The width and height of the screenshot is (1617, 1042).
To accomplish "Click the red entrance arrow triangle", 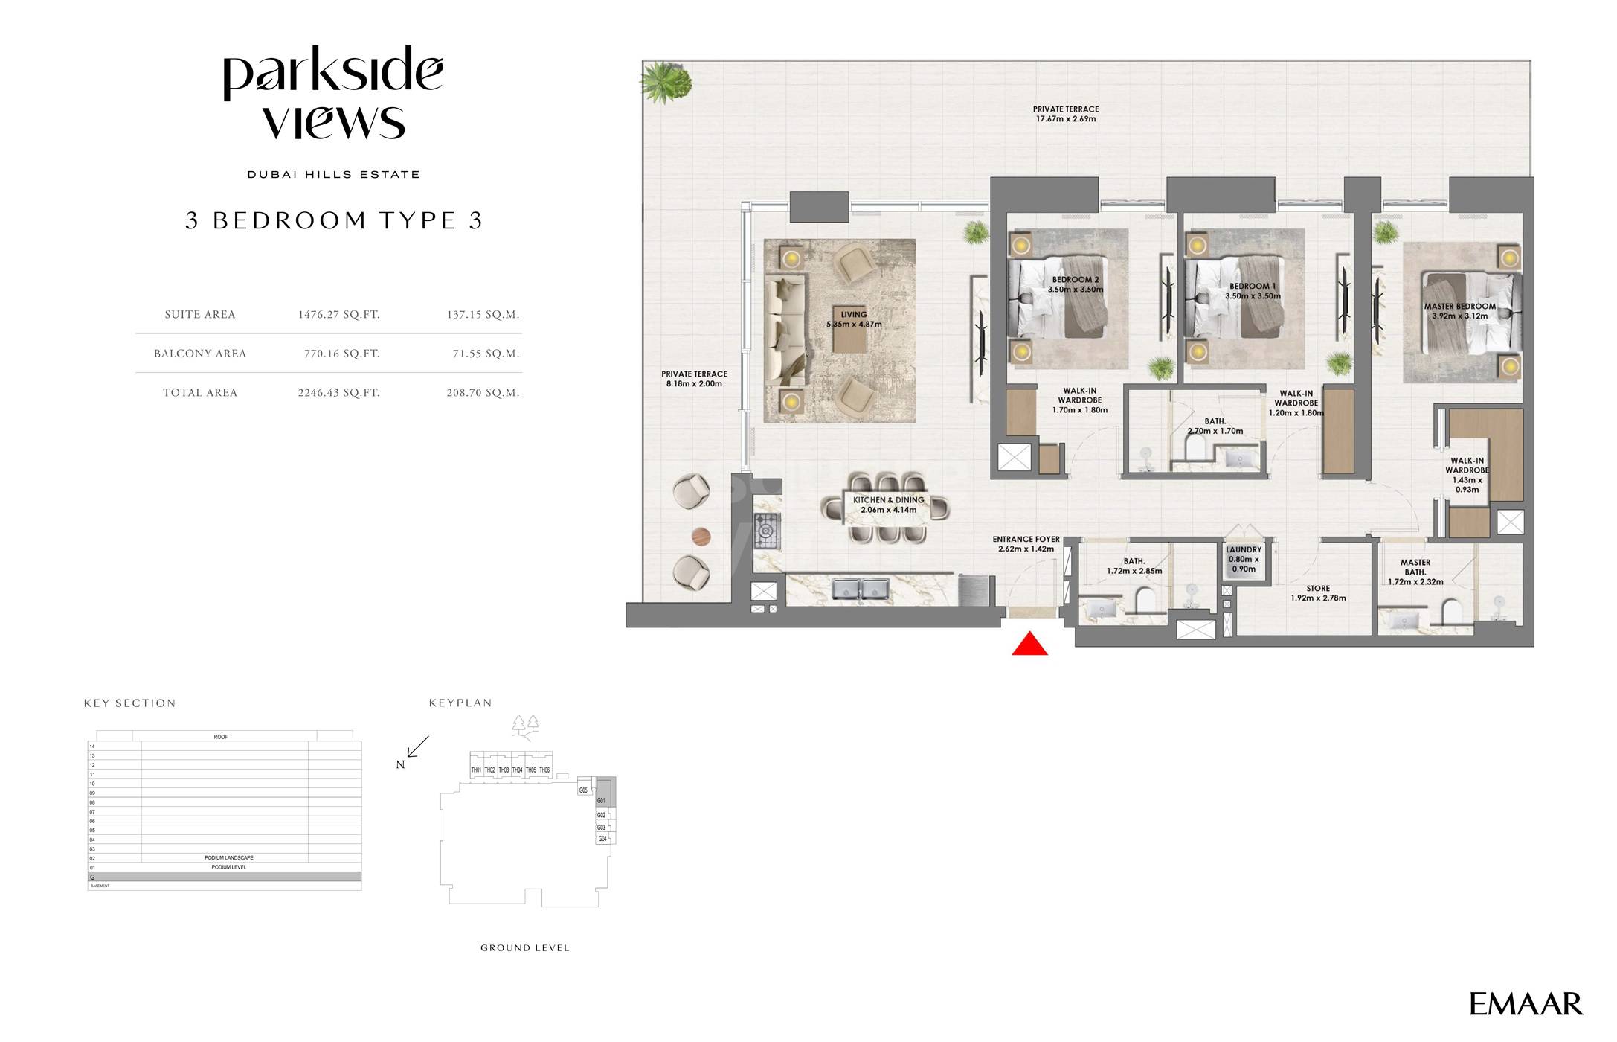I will point(1029,645).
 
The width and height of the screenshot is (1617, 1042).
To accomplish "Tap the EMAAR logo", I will point(1525,1004).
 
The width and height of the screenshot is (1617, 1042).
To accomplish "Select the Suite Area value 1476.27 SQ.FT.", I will point(338,315).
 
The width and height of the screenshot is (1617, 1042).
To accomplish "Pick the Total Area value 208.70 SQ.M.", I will point(483,393).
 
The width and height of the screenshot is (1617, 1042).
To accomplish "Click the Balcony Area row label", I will point(200,354).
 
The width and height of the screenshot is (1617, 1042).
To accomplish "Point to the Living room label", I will point(854,319).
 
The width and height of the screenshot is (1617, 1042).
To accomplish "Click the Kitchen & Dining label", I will point(888,505).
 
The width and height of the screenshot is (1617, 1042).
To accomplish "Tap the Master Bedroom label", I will point(1459,311).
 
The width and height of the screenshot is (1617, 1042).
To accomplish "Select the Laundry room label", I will point(1243,559).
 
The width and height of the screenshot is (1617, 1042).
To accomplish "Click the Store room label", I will point(1318,593).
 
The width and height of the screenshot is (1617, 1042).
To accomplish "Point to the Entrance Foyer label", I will point(1026,544).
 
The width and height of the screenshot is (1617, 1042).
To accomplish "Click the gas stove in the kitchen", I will point(766,531).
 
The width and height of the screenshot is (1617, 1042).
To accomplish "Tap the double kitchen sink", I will point(861,589).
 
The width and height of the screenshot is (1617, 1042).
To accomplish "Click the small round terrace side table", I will point(701,536).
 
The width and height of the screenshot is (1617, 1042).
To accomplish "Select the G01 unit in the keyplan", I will point(601,801).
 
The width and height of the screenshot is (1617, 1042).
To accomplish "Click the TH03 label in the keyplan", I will point(504,770).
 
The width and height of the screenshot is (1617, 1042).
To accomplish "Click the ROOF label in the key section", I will point(221,737).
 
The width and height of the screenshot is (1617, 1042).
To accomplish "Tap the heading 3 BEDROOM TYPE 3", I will point(334,220).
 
